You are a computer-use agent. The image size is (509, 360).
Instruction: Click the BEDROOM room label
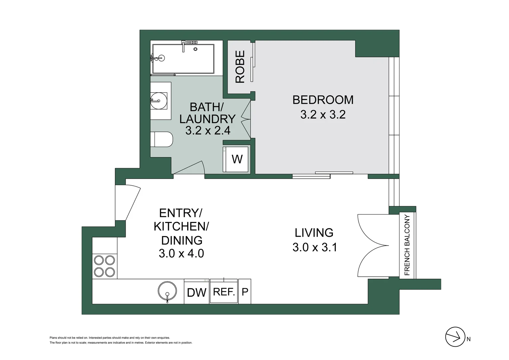323,100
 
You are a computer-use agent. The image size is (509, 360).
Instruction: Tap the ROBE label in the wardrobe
240,67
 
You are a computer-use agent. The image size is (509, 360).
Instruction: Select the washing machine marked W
236,159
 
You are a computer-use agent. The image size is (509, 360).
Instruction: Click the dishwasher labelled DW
197,292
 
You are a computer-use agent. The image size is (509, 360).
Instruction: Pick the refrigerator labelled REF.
224,292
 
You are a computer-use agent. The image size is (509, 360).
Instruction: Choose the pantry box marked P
245,292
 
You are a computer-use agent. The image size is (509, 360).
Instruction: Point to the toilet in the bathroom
162,139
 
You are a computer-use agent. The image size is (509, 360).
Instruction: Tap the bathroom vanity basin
159,101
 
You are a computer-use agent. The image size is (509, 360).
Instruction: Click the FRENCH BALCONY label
407,245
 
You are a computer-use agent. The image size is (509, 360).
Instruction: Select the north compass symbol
455,337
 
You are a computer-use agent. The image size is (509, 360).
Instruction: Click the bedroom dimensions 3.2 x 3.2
323,115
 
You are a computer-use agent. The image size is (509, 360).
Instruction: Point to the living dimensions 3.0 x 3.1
315,247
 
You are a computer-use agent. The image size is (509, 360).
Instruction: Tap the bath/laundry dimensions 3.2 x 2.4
208,130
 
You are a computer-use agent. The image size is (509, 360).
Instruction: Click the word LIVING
314,233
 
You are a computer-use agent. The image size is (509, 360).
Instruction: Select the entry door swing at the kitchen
128,203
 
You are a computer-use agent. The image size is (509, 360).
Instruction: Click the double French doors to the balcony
372,246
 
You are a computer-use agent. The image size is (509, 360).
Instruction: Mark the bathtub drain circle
196,49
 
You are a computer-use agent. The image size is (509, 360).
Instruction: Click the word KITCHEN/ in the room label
181,227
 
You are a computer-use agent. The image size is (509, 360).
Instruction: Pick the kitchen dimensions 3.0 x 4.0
181,254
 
